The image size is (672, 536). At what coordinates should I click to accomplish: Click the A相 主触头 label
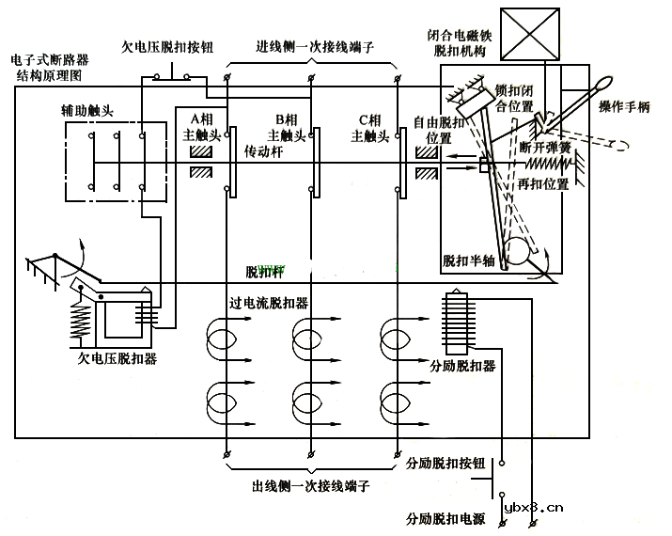tap(202, 127)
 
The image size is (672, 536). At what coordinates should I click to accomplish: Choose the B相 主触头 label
tap(286, 127)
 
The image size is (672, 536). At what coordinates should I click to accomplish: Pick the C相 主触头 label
tap(370, 127)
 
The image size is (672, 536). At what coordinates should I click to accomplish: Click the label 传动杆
tap(264, 150)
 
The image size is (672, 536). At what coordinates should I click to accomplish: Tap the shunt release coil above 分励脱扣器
tap(454, 323)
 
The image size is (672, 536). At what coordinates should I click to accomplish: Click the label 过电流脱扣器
tap(269, 304)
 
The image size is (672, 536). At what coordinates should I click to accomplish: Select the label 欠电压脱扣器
tap(117, 358)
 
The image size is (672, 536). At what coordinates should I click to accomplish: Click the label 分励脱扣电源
tap(445, 518)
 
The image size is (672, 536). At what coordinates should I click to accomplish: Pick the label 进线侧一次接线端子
tap(313, 45)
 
